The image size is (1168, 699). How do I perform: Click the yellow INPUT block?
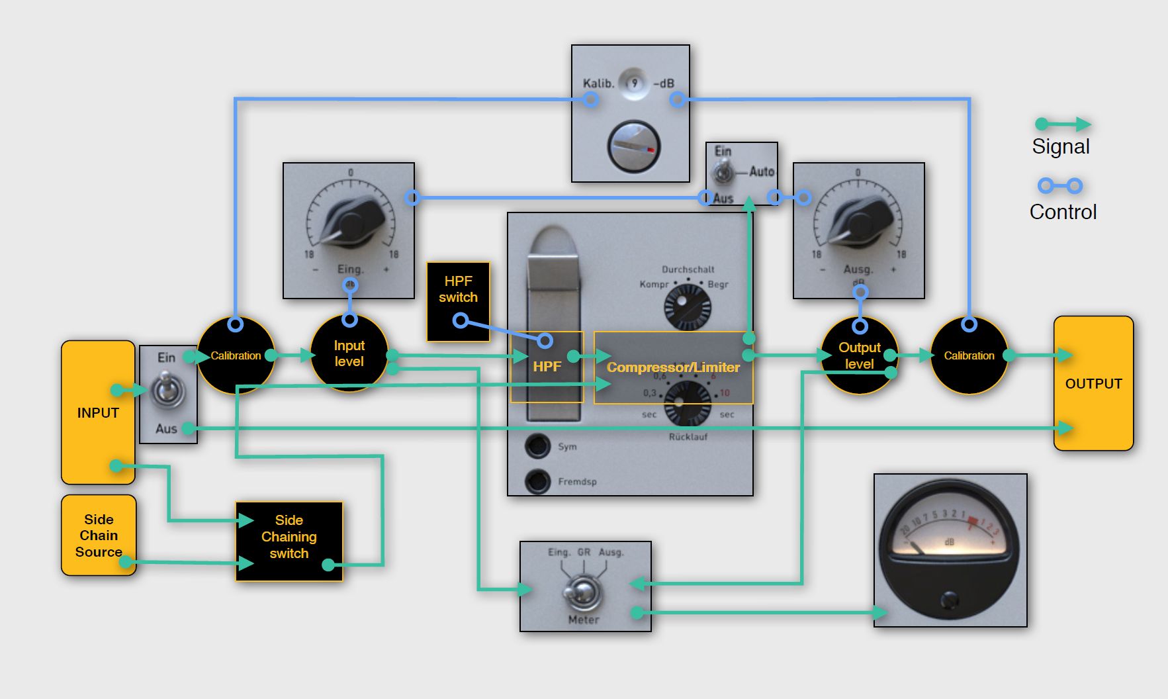pos(98,412)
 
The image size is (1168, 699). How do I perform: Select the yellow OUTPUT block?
pos(1093,384)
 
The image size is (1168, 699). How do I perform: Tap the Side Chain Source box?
pos(99,536)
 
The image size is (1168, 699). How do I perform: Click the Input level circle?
pos(349,353)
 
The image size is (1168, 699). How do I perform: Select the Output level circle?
pos(859,355)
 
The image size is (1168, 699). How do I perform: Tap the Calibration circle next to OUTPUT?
pos(969,355)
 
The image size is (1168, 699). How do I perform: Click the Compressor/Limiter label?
pos(673,367)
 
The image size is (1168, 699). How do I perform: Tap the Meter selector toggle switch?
pos(582,591)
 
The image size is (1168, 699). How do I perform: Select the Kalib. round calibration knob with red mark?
pos(633,146)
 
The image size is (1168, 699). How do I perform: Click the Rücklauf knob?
pos(687,402)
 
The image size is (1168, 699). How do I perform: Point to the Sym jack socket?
pos(538,446)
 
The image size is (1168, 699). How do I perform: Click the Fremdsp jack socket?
pos(538,481)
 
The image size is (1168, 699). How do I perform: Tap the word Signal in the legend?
pos(1061,146)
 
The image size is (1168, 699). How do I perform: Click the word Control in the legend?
pos(1063,212)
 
